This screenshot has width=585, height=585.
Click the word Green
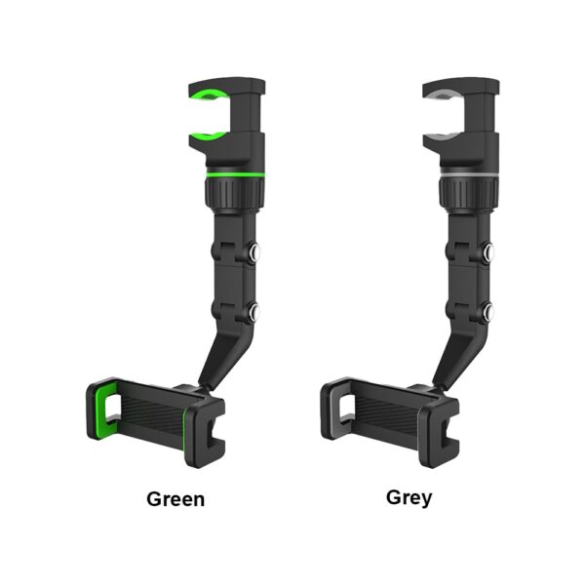click(175, 499)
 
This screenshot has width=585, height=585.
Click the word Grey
click(409, 497)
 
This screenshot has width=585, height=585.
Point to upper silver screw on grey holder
click(487, 251)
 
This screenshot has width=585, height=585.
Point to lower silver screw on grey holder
click(488, 312)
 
